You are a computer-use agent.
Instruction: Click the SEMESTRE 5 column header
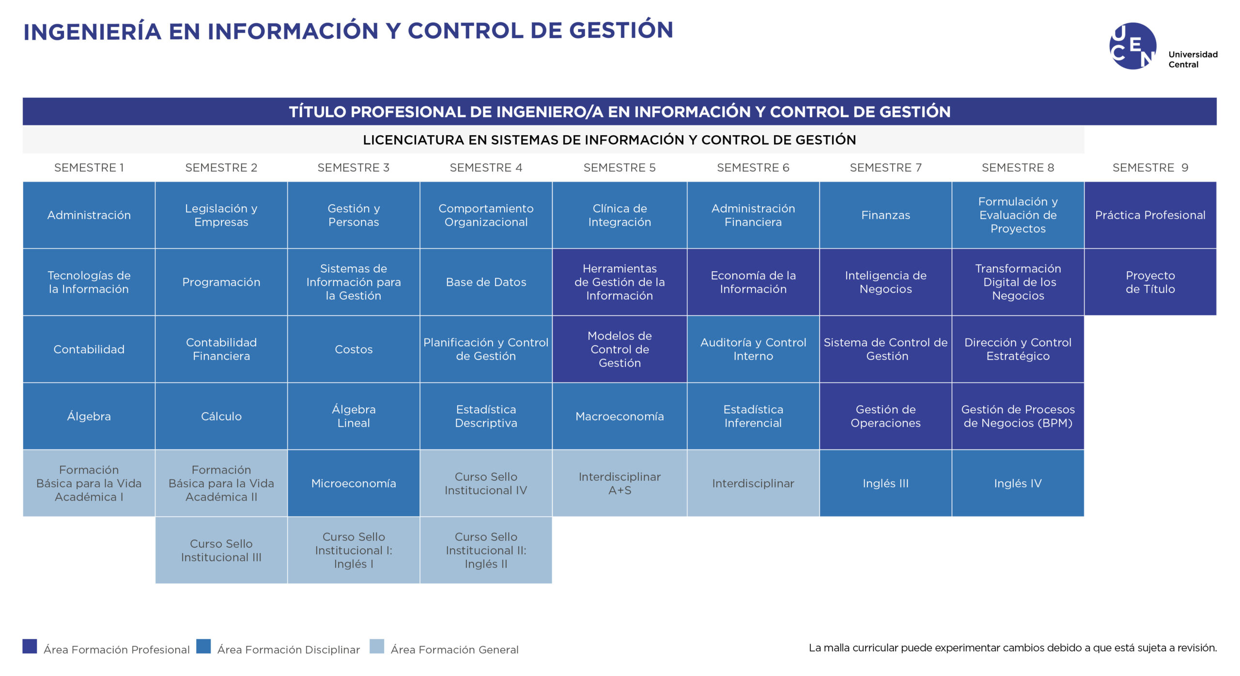tap(619, 168)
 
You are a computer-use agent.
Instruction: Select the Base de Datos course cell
tap(486, 282)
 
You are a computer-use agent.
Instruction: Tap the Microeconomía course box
tap(354, 483)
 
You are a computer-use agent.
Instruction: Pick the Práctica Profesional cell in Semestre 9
tap(1150, 215)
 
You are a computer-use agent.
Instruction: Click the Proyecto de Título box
tap(1150, 282)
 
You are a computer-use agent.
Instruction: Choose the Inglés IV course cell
tap(1018, 483)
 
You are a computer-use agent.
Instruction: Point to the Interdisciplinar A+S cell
tap(620, 483)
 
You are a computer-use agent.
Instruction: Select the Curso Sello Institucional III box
tap(221, 550)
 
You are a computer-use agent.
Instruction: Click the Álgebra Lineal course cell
tap(354, 416)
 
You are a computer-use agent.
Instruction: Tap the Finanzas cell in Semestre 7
tap(885, 215)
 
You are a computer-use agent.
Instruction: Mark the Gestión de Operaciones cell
tap(885, 416)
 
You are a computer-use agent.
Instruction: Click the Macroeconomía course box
tap(620, 416)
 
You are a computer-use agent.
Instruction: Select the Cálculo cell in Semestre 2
tap(221, 416)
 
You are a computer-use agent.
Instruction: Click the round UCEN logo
tap(1132, 46)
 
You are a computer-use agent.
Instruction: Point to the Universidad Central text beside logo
tap(1193, 59)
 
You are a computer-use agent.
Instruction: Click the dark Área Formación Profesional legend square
tap(30, 646)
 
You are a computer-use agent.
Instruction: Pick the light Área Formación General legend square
tap(377, 646)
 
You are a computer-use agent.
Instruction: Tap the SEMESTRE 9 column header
tap(1150, 168)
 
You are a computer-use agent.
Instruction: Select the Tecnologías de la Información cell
tap(89, 282)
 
